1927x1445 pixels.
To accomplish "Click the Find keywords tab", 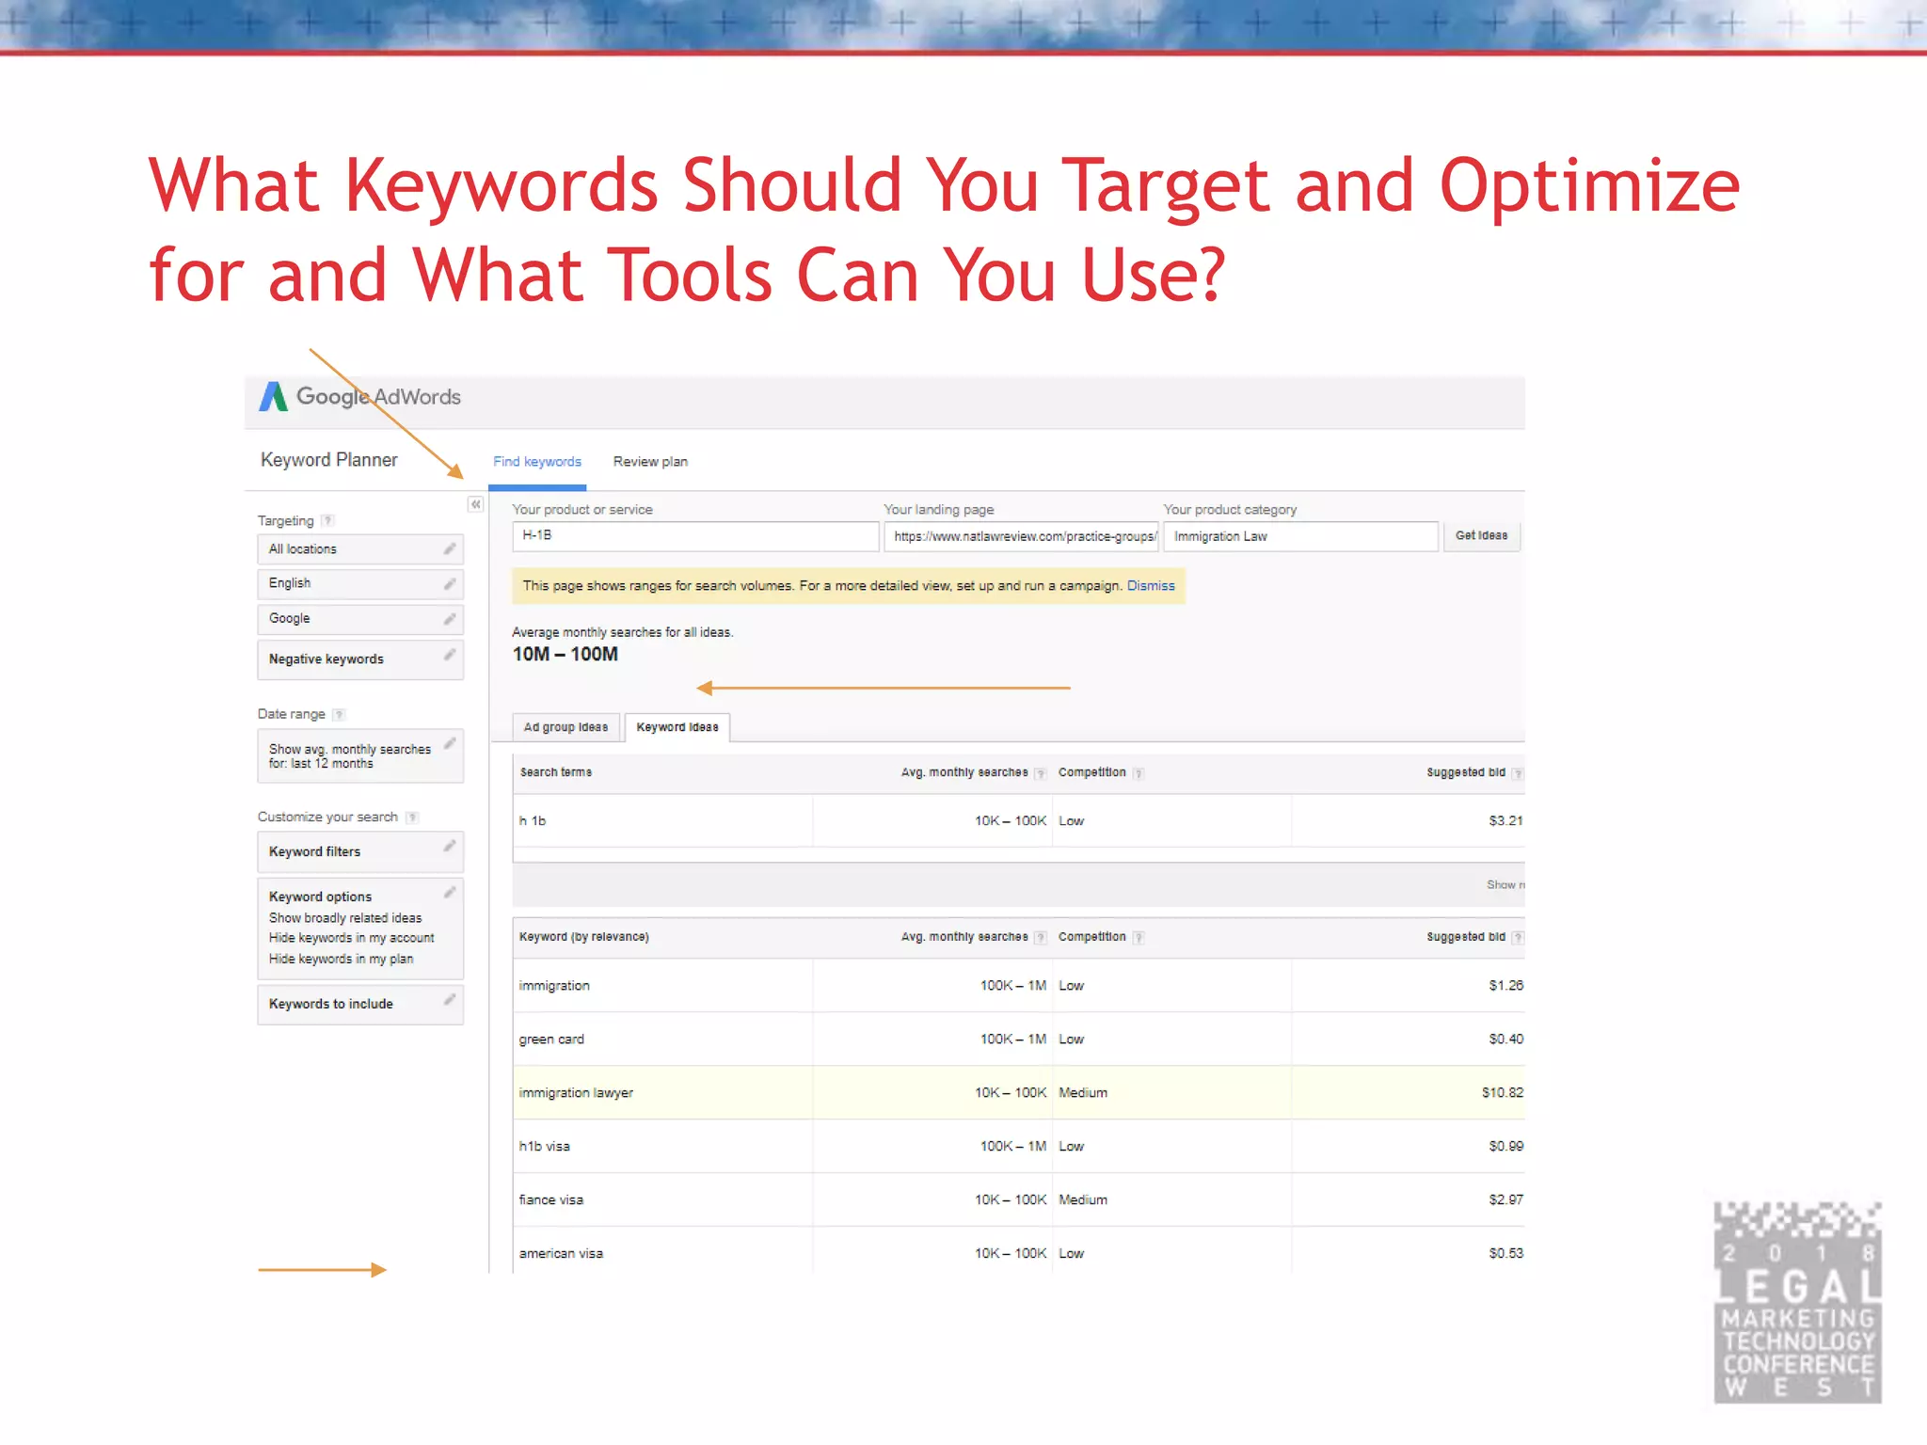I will (537, 462).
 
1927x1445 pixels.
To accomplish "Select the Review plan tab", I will (650, 462).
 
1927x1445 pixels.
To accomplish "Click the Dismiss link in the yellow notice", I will (1151, 586).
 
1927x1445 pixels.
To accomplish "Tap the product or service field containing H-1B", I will (694, 536).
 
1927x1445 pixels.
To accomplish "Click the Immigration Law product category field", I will (1300, 536).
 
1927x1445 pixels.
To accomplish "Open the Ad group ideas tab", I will (565, 727).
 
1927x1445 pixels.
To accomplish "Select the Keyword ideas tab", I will (677, 727).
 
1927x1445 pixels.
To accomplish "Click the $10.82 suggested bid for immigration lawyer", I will (1502, 1093).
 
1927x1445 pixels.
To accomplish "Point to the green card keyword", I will (551, 1040).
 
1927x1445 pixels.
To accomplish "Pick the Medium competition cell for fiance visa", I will (1083, 1200).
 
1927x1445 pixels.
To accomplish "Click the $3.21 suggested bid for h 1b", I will (1505, 821).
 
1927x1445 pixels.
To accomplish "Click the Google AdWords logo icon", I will (273, 397).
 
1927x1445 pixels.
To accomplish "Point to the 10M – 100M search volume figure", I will (565, 655).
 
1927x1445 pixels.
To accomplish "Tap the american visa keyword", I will (561, 1254).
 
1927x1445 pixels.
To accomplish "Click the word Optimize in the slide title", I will (1589, 186).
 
